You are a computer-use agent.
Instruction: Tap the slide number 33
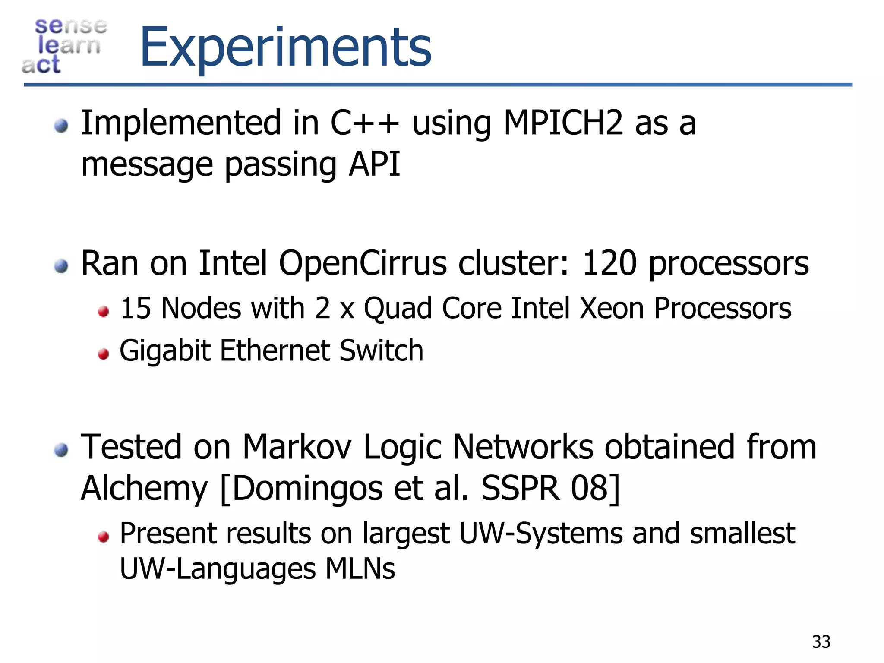tap(821, 642)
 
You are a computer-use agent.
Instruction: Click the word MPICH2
tap(563, 123)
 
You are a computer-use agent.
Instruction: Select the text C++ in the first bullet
tap(364, 123)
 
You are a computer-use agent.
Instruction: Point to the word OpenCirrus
tap(362, 263)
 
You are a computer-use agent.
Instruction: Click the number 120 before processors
tap(609, 263)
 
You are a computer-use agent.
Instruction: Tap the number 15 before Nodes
tap(135, 308)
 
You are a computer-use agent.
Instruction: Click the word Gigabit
tap(165, 350)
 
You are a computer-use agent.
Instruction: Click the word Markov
tap(297, 447)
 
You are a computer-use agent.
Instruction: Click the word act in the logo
tap(41, 65)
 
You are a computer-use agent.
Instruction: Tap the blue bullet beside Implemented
tap(61, 126)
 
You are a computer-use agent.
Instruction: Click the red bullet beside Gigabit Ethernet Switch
tap(103, 354)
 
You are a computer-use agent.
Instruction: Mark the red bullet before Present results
tap(103, 537)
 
